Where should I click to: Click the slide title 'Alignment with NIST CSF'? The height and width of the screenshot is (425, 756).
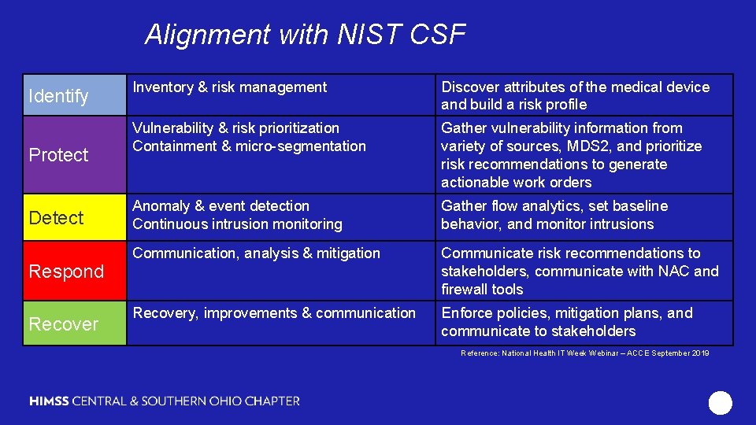click(306, 35)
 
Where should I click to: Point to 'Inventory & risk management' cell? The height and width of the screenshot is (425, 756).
click(229, 87)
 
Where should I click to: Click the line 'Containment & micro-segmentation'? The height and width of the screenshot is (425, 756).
click(249, 146)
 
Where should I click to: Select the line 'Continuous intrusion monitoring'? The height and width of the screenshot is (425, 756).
click(237, 224)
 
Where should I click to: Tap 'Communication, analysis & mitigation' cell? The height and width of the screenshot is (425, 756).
click(256, 253)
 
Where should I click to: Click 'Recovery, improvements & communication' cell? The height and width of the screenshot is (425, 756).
click(273, 313)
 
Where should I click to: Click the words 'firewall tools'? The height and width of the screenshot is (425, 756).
click(482, 290)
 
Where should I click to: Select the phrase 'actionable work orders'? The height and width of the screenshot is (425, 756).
click(516, 183)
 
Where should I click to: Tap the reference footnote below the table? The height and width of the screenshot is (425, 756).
click(584, 353)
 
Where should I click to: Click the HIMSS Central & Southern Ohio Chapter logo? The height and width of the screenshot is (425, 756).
click(165, 401)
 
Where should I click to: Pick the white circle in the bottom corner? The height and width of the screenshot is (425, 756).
click(720, 403)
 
